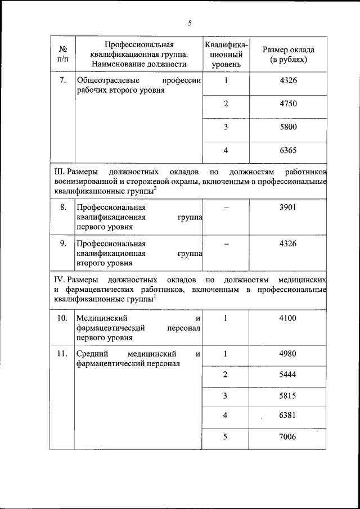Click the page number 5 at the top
pos(190,23)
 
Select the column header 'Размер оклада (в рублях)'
pos(289,54)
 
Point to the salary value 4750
pos(288,103)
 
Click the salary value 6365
pos(288,151)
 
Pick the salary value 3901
pos(288,207)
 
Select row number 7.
pos(63,80)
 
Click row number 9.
pos(63,244)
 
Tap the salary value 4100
pos(288,318)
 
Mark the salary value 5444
pos(288,375)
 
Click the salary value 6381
pos(288,416)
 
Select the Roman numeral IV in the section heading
pos(58,280)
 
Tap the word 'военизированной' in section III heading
pos(83,182)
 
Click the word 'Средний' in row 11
pos(91,354)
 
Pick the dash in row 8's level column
pos(226,207)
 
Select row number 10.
pos(62,318)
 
